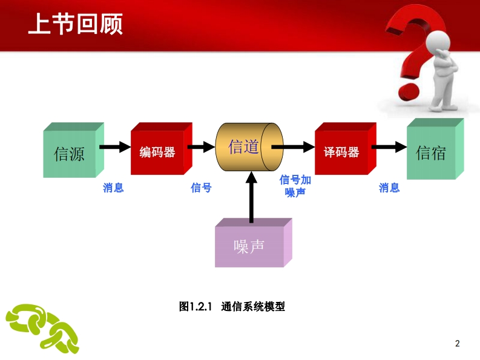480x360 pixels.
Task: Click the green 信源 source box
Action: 73,150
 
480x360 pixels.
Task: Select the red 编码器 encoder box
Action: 162,149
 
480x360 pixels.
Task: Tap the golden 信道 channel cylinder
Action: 249,147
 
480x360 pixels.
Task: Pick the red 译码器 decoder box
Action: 345,149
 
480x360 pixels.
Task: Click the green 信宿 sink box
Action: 435,149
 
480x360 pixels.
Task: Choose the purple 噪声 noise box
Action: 254,243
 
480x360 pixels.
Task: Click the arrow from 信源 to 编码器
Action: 115,147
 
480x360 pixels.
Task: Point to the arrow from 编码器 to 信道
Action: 202,147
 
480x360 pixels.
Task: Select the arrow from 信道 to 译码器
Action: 293,147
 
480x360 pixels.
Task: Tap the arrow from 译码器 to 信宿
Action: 389,147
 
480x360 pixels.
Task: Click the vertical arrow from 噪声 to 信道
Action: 251,197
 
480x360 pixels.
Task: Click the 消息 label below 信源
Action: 113,188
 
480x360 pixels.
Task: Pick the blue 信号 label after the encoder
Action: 201,188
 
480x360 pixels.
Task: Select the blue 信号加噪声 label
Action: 295,186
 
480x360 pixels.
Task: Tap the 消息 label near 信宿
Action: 389,188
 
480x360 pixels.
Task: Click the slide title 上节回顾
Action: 75,24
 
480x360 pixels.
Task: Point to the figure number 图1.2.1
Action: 196,306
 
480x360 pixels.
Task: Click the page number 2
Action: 458,344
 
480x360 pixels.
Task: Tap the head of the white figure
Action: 438,42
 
